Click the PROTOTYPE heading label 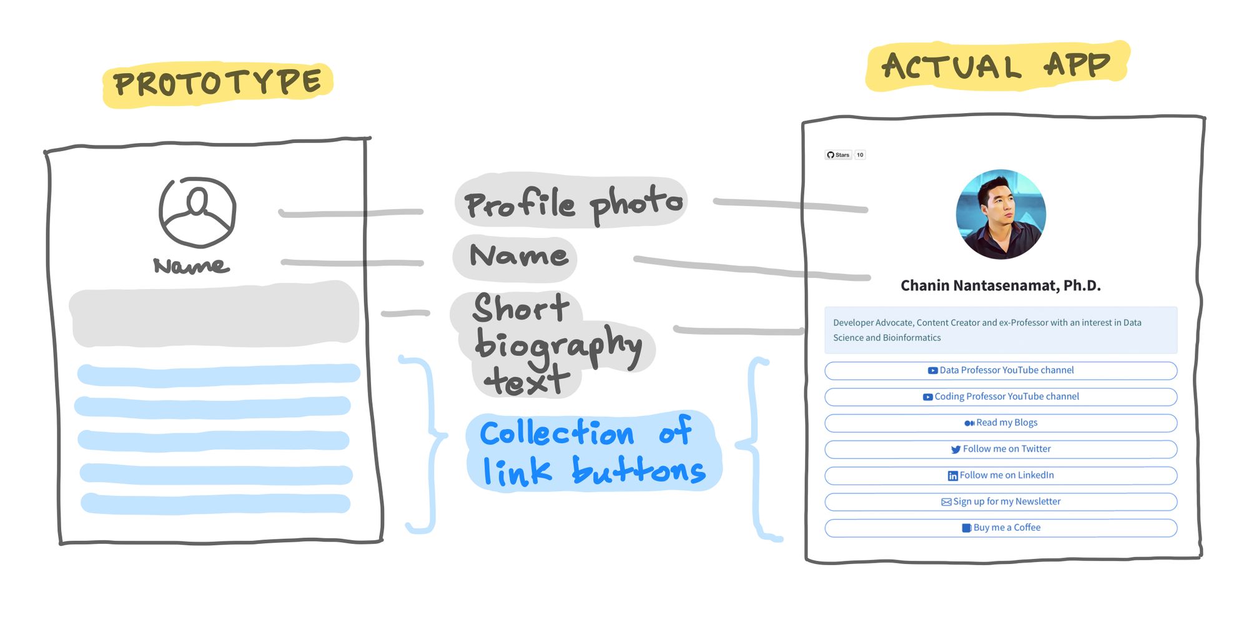(x=217, y=84)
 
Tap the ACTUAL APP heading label (x=996, y=66)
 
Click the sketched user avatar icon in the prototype (x=197, y=212)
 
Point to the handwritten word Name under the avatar (x=191, y=266)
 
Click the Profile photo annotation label (x=572, y=202)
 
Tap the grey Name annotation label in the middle (x=518, y=256)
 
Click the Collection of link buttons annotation (x=592, y=452)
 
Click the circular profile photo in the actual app (x=1000, y=214)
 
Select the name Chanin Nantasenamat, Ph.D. (x=1000, y=286)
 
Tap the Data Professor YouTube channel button (x=1000, y=370)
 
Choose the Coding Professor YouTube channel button (x=1000, y=397)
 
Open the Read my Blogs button (x=1000, y=423)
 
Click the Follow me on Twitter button (x=1000, y=449)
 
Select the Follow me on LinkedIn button (x=1000, y=475)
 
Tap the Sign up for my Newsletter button (x=1000, y=501)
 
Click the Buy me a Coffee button (x=1000, y=528)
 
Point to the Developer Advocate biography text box (x=1000, y=330)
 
